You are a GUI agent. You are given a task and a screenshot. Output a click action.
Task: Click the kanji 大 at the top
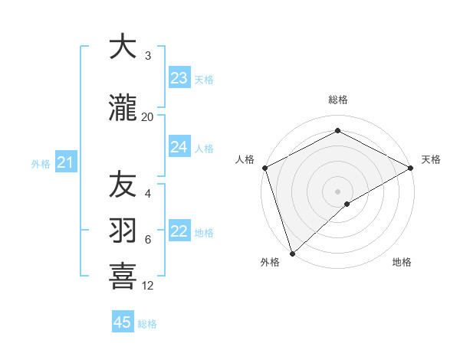tap(123, 47)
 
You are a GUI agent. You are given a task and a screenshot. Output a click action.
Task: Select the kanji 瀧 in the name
tap(123, 108)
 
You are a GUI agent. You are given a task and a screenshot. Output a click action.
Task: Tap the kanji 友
tap(123, 185)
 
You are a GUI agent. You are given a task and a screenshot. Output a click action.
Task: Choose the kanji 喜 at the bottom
tap(123, 277)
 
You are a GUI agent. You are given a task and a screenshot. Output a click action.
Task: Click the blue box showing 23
tap(179, 78)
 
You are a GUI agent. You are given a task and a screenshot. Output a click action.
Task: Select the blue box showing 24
tap(179, 147)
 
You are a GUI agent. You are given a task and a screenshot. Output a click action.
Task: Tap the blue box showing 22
tap(179, 232)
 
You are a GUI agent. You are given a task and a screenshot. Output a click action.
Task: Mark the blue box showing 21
tap(66, 162)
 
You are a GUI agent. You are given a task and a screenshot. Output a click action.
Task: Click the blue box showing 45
tap(123, 322)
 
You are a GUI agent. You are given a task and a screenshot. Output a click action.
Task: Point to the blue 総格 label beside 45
tap(147, 324)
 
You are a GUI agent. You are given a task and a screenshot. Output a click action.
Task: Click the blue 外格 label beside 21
tap(41, 163)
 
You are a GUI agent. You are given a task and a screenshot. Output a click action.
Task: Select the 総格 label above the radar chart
tap(337, 100)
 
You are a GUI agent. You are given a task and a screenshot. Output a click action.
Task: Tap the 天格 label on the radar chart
tap(431, 159)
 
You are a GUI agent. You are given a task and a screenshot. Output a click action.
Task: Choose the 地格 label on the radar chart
tap(402, 263)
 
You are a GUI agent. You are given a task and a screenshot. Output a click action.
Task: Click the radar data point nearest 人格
tap(264, 168)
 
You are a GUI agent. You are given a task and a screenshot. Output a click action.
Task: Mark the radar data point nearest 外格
tap(292, 253)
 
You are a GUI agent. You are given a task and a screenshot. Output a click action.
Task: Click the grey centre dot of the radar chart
tap(337, 191)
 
